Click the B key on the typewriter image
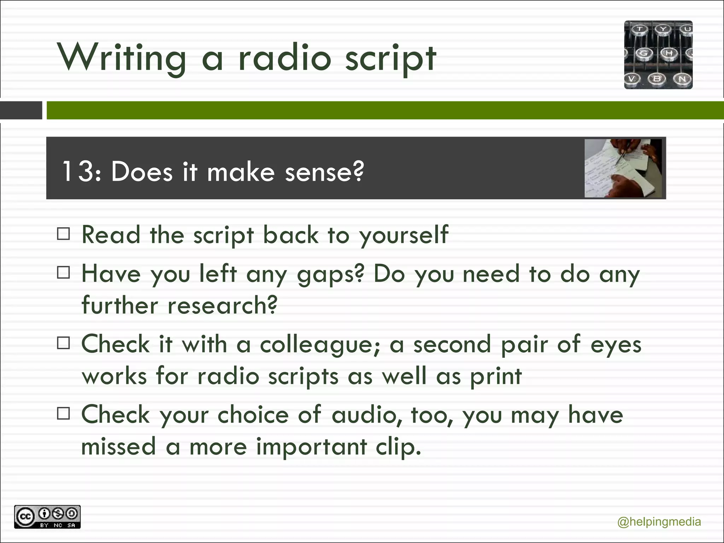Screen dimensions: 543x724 coord(657,78)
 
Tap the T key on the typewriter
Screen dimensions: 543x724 coord(640,29)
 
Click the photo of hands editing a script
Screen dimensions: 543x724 coord(623,168)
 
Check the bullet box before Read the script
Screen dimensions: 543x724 coord(63,234)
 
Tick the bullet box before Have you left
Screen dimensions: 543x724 coord(63,273)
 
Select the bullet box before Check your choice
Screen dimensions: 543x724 coord(63,413)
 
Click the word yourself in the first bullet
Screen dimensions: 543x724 coord(404,235)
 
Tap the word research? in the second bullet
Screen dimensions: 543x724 coord(222,305)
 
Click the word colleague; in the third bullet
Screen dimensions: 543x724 coord(320,345)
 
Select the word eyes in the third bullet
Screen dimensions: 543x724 coord(616,345)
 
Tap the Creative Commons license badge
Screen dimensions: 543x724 coord(47,517)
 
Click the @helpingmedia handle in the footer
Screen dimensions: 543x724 coord(659,522)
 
